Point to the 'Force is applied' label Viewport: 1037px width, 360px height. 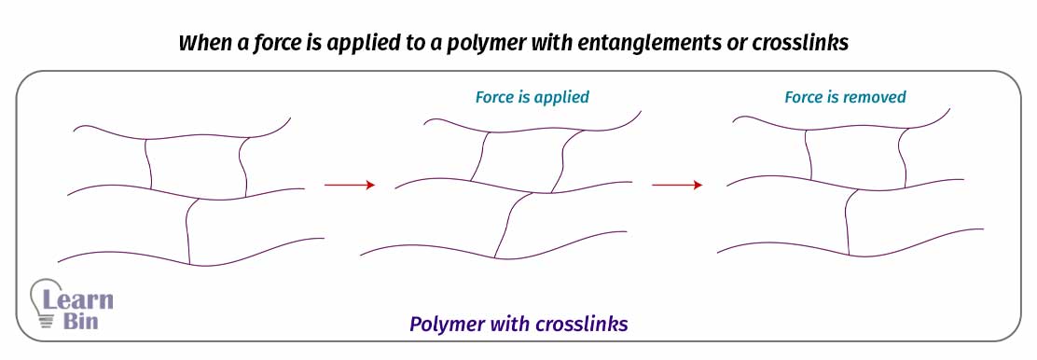(x=532, y=97)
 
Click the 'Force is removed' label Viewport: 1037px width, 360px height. (x=845, y=97)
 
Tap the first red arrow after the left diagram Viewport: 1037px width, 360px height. (x=349, y=186)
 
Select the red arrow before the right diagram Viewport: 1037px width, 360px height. (x=676, y=186)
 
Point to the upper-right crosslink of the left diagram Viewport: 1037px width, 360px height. (x=245, y=166)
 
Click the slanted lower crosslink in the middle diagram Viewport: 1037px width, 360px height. (x=505, y=224)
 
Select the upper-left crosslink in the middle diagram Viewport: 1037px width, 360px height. (x=478, y=156)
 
